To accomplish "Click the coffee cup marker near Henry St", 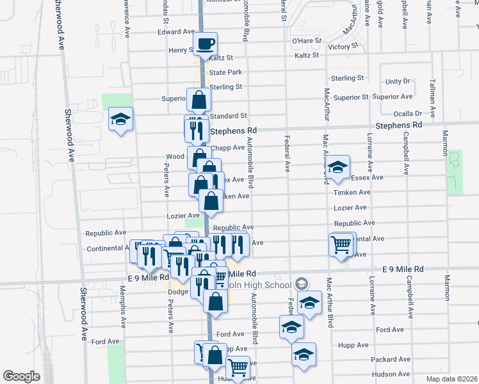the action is tap(205, 44).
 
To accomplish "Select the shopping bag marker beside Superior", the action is tap(199, 100).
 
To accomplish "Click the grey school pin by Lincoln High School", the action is tap(302, 284).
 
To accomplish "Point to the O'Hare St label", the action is tap(305, 41).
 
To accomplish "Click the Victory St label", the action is tap(343, 47).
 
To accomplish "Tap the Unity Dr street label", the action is tap(398, 81).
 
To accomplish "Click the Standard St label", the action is tap(229, 116).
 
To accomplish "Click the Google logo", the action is tap(22, 376).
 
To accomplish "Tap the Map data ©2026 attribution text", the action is tap(451, 379).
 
